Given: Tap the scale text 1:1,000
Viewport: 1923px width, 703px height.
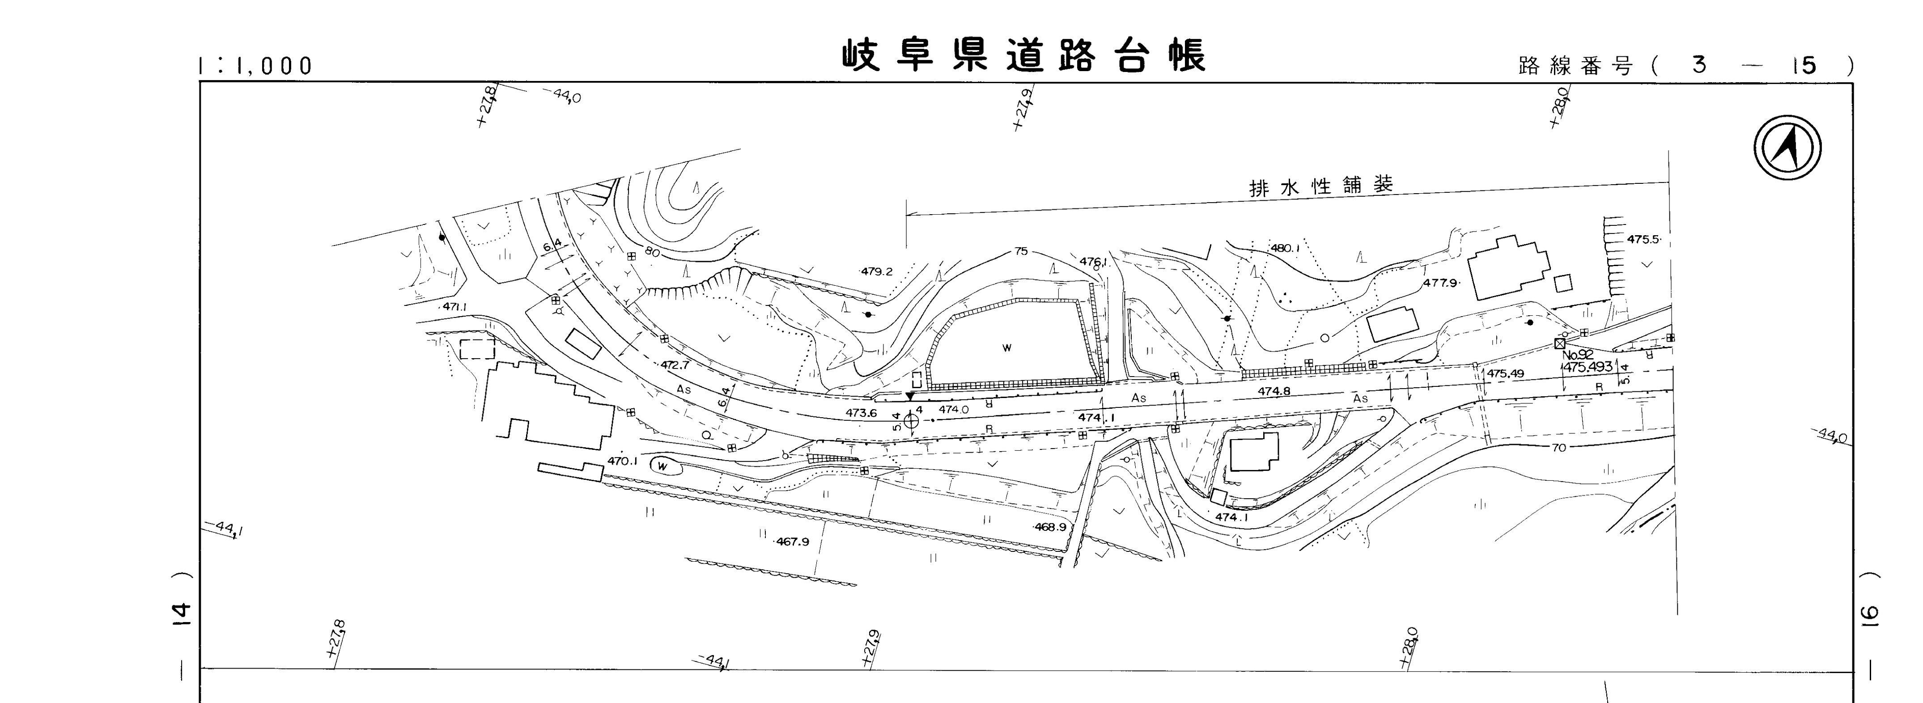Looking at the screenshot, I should click(255, 67).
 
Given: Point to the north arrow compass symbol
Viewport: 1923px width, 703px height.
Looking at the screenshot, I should click(1787, 147).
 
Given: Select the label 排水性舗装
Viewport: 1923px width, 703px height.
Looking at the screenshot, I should click(1320, 186).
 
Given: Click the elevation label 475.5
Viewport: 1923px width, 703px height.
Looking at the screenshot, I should click(1643, 240).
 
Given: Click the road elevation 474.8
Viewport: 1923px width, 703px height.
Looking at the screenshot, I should click(1274, 391).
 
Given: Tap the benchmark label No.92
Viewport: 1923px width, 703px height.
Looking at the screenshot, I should click(1578, 355).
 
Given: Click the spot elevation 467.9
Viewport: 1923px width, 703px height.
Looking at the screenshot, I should click(792, 542).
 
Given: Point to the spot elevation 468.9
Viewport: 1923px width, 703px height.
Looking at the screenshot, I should click(1050, 527).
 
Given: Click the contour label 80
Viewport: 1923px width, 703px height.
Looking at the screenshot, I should click(652, 253).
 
